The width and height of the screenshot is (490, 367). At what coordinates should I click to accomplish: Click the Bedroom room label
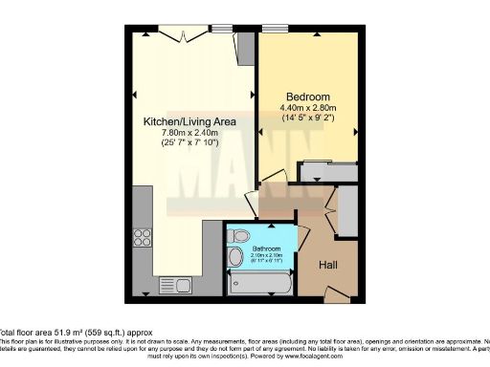pyautogui.click(x=308, y=97)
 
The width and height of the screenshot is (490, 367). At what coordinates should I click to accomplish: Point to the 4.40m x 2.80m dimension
pyautogui.click(x=308, y=111)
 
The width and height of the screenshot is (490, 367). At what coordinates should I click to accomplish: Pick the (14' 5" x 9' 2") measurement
pyautogui.click(x=308, y=121)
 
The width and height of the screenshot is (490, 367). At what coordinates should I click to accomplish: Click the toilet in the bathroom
pyautogui.click(x=241, y=235)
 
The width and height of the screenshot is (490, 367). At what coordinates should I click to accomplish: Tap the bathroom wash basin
pyautogui.click(x=234, y=256)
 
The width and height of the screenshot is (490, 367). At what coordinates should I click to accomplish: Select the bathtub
pyautogui.click(x=258, y=283)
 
